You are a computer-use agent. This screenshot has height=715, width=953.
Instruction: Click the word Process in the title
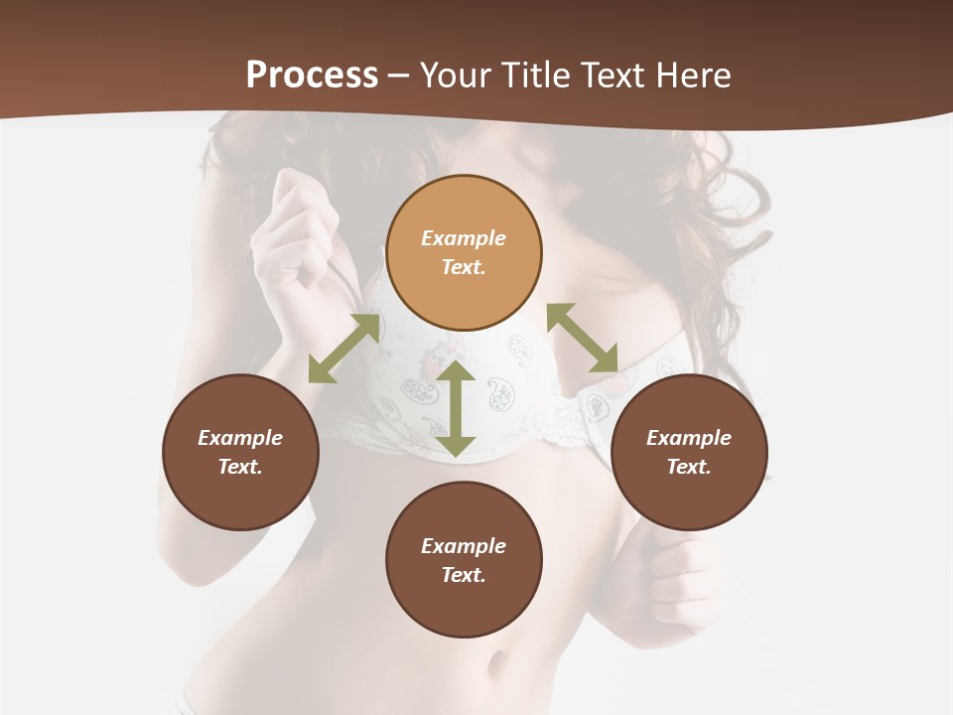point(312,75)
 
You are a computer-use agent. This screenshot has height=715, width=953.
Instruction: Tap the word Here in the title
point(691,75)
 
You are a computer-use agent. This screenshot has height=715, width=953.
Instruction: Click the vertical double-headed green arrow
point(456,409)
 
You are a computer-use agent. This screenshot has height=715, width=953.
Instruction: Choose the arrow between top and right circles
point(583,338)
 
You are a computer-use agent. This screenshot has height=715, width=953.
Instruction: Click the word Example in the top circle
point(464,238)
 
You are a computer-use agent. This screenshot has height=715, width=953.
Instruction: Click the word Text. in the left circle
point(240,467)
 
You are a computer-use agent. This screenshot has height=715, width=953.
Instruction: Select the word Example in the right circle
point(689,438)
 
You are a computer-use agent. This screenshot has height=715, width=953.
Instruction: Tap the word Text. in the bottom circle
point(464,575)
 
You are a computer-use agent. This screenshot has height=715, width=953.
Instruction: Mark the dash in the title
point(399,75)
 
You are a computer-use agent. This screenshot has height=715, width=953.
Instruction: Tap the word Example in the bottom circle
point(464,546)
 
